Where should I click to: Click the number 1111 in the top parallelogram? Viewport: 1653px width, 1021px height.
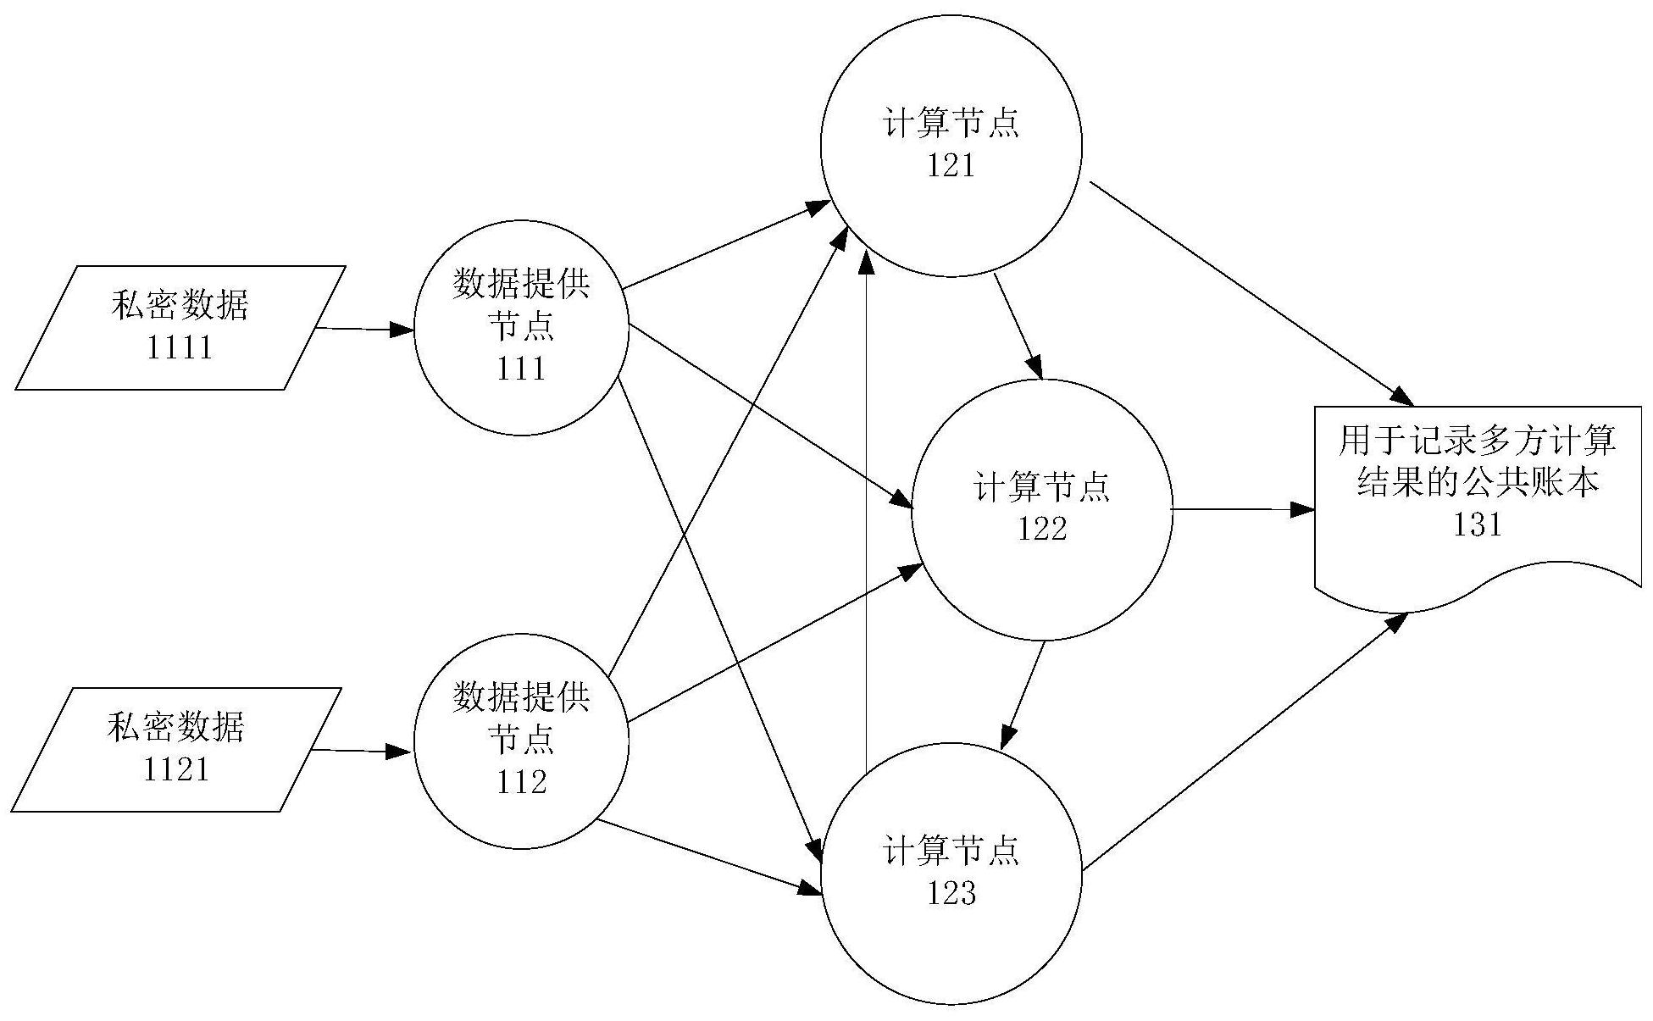pos(180,347)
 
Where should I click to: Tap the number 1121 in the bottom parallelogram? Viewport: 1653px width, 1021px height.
pos(176,769)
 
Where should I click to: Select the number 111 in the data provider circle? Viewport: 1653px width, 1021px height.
pos(521,369)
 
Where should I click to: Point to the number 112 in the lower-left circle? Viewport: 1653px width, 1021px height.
pos(521,781)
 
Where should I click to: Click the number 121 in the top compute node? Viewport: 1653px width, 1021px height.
pos(951,165)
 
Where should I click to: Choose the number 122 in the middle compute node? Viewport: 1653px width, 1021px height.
pos(1042,529)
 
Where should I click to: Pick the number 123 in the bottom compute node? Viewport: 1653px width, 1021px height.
pos(951,893)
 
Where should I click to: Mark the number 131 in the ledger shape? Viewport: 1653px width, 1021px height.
pos(1478,525)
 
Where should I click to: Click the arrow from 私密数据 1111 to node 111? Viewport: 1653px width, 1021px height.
pos(364,329)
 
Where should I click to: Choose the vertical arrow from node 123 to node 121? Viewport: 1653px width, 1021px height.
pos(865,508)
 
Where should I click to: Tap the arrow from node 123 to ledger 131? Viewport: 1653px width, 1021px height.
pos(1245,742)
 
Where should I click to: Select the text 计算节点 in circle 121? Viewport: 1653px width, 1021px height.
pos(951,124)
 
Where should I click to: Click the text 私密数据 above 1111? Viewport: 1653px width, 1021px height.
pos(180,306)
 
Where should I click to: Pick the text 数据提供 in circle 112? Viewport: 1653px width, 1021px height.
pos(521,697)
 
